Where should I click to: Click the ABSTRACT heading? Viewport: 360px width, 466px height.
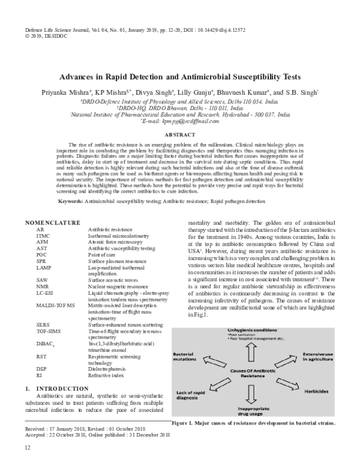pos(180,136)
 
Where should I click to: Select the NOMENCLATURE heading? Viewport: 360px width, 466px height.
pos(53,223)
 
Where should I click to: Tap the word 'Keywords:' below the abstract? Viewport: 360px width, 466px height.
pos(71,199)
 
